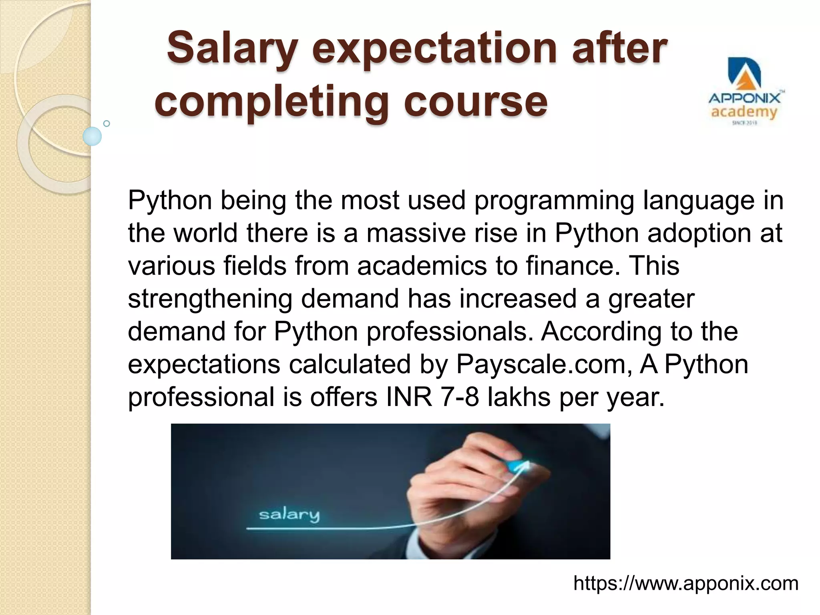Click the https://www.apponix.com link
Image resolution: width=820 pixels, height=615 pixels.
pos(686,583)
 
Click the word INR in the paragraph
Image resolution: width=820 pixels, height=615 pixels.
pos(409,397)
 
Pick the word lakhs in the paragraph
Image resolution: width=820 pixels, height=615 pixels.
pos(519,397)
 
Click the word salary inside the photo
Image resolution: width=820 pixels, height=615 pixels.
pos(289,515)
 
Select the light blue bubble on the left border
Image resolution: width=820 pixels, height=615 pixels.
pos(92,136)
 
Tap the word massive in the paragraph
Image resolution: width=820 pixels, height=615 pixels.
pos(416,233)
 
